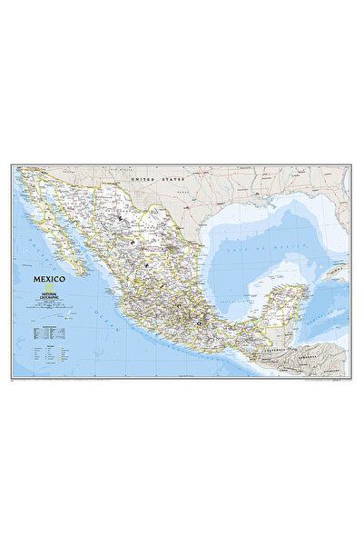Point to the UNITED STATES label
tap(152, 180)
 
